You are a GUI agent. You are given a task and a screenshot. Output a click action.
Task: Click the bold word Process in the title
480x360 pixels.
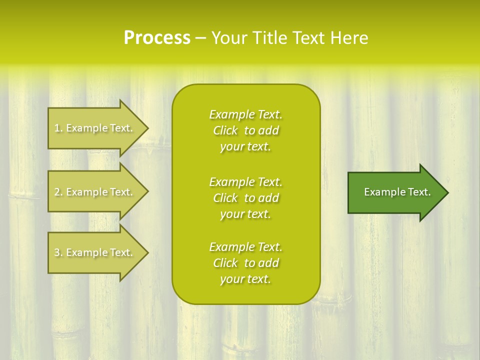(x=157, y=38)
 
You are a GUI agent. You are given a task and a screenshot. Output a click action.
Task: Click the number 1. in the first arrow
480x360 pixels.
(x=58, y=128)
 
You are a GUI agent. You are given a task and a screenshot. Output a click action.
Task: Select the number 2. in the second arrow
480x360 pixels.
(x=58, y=192)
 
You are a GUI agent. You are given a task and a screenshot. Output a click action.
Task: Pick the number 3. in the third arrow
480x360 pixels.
(x=58, y=253)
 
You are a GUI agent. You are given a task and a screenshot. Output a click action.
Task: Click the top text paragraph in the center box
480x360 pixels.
(x=245, y=130)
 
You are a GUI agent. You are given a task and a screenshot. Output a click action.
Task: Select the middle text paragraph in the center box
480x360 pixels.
(x=245, y=198)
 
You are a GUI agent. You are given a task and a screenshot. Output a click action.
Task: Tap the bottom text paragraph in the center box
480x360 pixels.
(x=245, y=263)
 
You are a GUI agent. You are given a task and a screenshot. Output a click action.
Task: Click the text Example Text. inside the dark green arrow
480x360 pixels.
(x=397, y=192)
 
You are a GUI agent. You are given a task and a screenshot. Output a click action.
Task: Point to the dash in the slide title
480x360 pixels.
(x=200, y=38)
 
